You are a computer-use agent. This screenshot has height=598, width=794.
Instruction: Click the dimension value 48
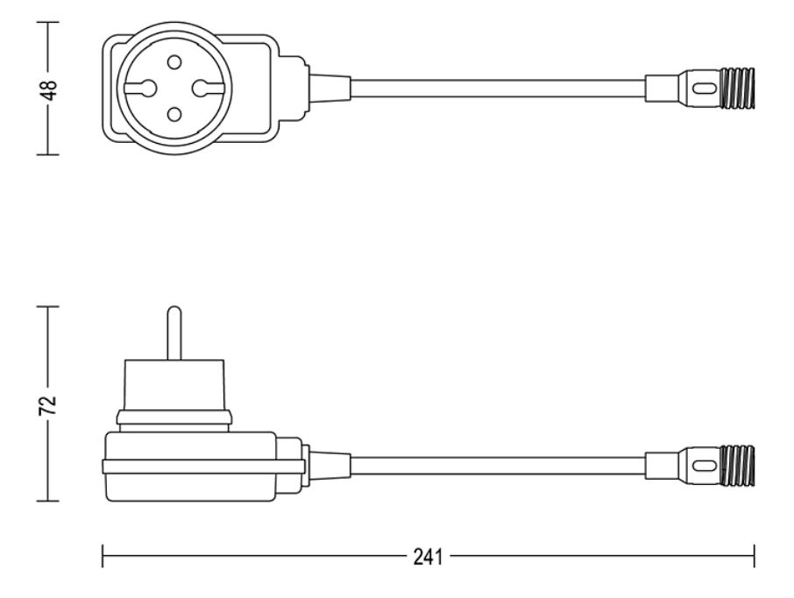[x=50, y=90]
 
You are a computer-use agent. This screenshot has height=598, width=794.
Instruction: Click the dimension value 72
[x=47, y=405]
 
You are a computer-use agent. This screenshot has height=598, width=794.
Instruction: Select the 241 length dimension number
[x=428, y=557]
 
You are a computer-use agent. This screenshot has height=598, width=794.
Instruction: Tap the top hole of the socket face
[x=174, y=62]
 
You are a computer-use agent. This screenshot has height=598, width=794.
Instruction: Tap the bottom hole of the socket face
[x=174, y=115]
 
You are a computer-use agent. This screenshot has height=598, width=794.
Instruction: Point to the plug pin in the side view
[x=174, y=333]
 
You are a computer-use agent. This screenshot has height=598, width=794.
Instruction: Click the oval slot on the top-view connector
[x=702, y=89]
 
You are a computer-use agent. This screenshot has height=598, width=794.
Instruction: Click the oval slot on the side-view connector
[x=702, y=466]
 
